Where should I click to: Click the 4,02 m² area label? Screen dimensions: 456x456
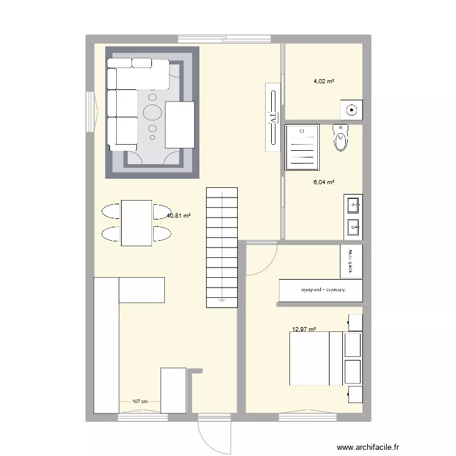pos(324,81)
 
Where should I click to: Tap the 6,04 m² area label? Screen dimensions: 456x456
pos(324,182)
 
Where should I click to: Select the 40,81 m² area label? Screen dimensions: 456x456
pos(179,215)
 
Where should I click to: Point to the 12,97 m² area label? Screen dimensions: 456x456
pos(304,330)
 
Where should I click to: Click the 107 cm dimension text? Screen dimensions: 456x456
pos(140,401)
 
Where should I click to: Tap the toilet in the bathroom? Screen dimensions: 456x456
pos(341,138)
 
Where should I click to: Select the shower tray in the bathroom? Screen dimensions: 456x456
pos(303,147)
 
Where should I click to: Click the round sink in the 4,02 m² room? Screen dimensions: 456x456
pos(351,109)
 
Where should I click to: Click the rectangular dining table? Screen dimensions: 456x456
pos(136,223)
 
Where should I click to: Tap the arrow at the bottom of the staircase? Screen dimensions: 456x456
pos(221,300)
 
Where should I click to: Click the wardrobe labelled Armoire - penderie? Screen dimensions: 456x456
pos(321,290)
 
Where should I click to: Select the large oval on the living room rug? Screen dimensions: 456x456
pos(152,112)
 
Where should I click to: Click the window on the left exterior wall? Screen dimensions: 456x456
pos(90,112)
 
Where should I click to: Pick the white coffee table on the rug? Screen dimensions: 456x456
pos(179,124)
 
